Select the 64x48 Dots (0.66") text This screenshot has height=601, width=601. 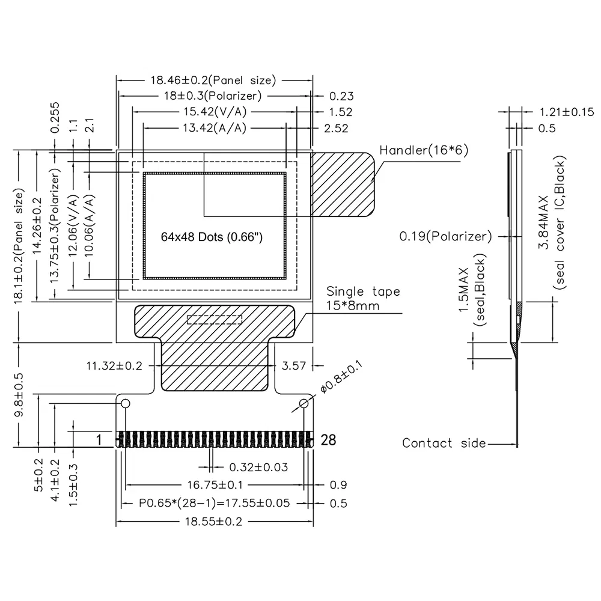(212, 237)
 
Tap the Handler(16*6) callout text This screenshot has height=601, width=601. (423, 150)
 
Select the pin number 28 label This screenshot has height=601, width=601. (329, 440)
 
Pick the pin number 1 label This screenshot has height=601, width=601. (99, 440)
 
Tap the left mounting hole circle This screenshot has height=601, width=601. (126, 403)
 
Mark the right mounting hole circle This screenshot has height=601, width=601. (305, 403)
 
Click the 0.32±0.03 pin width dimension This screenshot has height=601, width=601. (258, 467)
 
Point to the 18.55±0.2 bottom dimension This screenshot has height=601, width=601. (215, 522)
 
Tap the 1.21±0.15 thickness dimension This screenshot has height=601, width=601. (566, 112)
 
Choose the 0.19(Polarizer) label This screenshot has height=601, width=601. (445, 236)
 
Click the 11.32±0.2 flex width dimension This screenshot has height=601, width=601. (114, 365)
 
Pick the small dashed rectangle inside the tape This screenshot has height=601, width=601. (215, 319)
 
